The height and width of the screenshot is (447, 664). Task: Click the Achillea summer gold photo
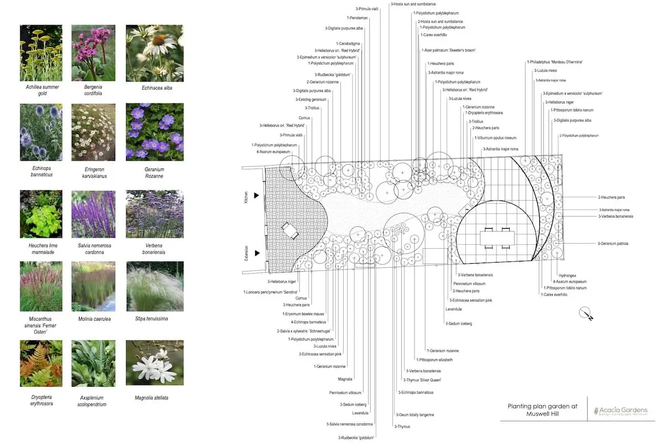pos(41,53)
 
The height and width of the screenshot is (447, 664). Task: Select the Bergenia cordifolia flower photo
pos(93,53)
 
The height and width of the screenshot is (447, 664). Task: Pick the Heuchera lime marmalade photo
pos(41,214)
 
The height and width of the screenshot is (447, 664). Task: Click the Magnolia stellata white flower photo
pos(154,363)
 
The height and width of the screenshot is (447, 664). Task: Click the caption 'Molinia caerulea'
pos(93,319)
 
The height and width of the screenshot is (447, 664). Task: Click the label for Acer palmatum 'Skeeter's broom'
pos(449,50)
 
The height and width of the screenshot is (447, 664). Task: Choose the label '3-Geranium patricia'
pos(613,244)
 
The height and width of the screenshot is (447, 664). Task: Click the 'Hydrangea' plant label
pos(567,275)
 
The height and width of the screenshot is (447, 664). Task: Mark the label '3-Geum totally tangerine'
pos(414,415)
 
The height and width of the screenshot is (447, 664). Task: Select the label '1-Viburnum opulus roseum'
pos(495,138)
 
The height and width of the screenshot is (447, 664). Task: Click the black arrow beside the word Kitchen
pos(256,196)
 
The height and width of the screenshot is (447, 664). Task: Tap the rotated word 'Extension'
pos(246,253)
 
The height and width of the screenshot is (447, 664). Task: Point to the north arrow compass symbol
pos(586,314)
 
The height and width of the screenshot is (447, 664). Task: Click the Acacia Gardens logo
pos(620,411)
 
